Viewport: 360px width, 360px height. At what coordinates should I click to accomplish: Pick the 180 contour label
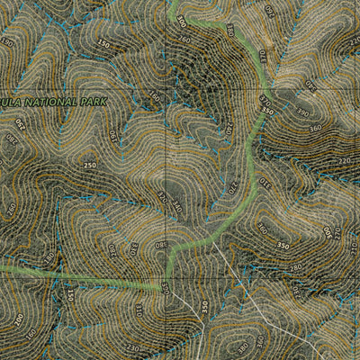pos(153,98)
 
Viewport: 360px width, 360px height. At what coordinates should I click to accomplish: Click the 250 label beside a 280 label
pos(89,166)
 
